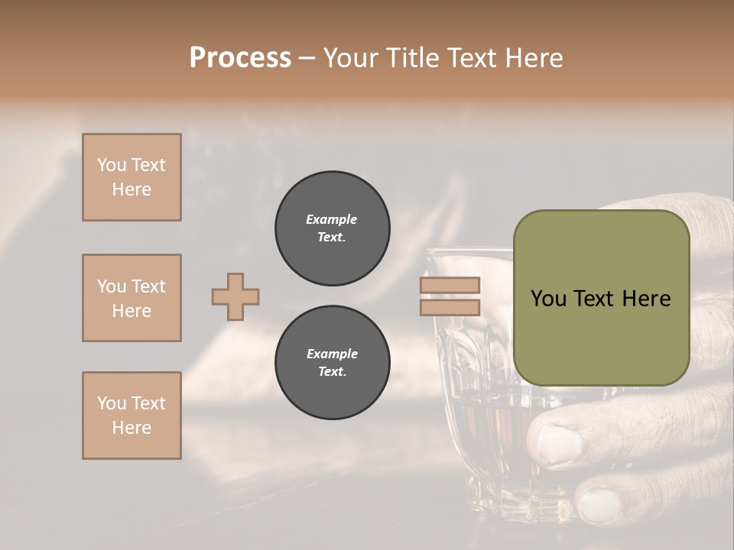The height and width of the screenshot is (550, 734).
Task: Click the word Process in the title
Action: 240,58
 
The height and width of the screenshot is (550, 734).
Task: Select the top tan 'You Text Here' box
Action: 132,177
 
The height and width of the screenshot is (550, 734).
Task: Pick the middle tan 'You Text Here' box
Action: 132,298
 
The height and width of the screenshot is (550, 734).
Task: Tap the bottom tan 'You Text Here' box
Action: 132,416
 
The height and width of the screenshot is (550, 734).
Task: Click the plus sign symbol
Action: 235,296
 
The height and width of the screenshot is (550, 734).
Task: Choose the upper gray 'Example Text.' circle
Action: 332,228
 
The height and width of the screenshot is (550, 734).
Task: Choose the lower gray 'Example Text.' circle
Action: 332,363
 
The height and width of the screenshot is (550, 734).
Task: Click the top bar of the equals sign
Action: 450,286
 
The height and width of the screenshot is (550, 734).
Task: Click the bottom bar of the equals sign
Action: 450,307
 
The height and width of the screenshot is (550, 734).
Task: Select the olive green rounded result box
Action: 601,298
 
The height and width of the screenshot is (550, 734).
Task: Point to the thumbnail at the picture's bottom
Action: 598,505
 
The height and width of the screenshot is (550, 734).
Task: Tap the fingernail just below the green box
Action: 557,442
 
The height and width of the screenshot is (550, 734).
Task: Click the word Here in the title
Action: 535,58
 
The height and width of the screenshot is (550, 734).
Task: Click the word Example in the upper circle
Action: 332,220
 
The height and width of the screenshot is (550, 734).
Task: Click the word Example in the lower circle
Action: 332,354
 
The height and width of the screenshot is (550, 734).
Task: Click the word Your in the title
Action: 351,58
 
